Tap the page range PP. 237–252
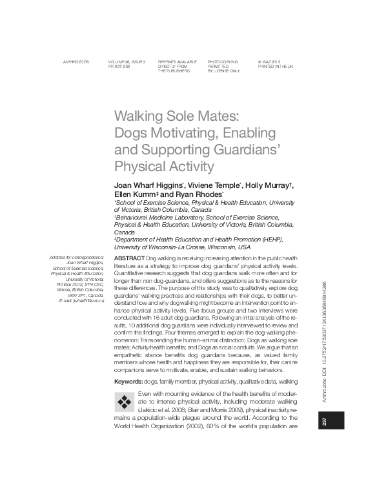[123, 66]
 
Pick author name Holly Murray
[268, 185]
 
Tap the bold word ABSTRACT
[129, 258]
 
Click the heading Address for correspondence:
[76, 258]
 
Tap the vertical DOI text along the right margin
[334, 316]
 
